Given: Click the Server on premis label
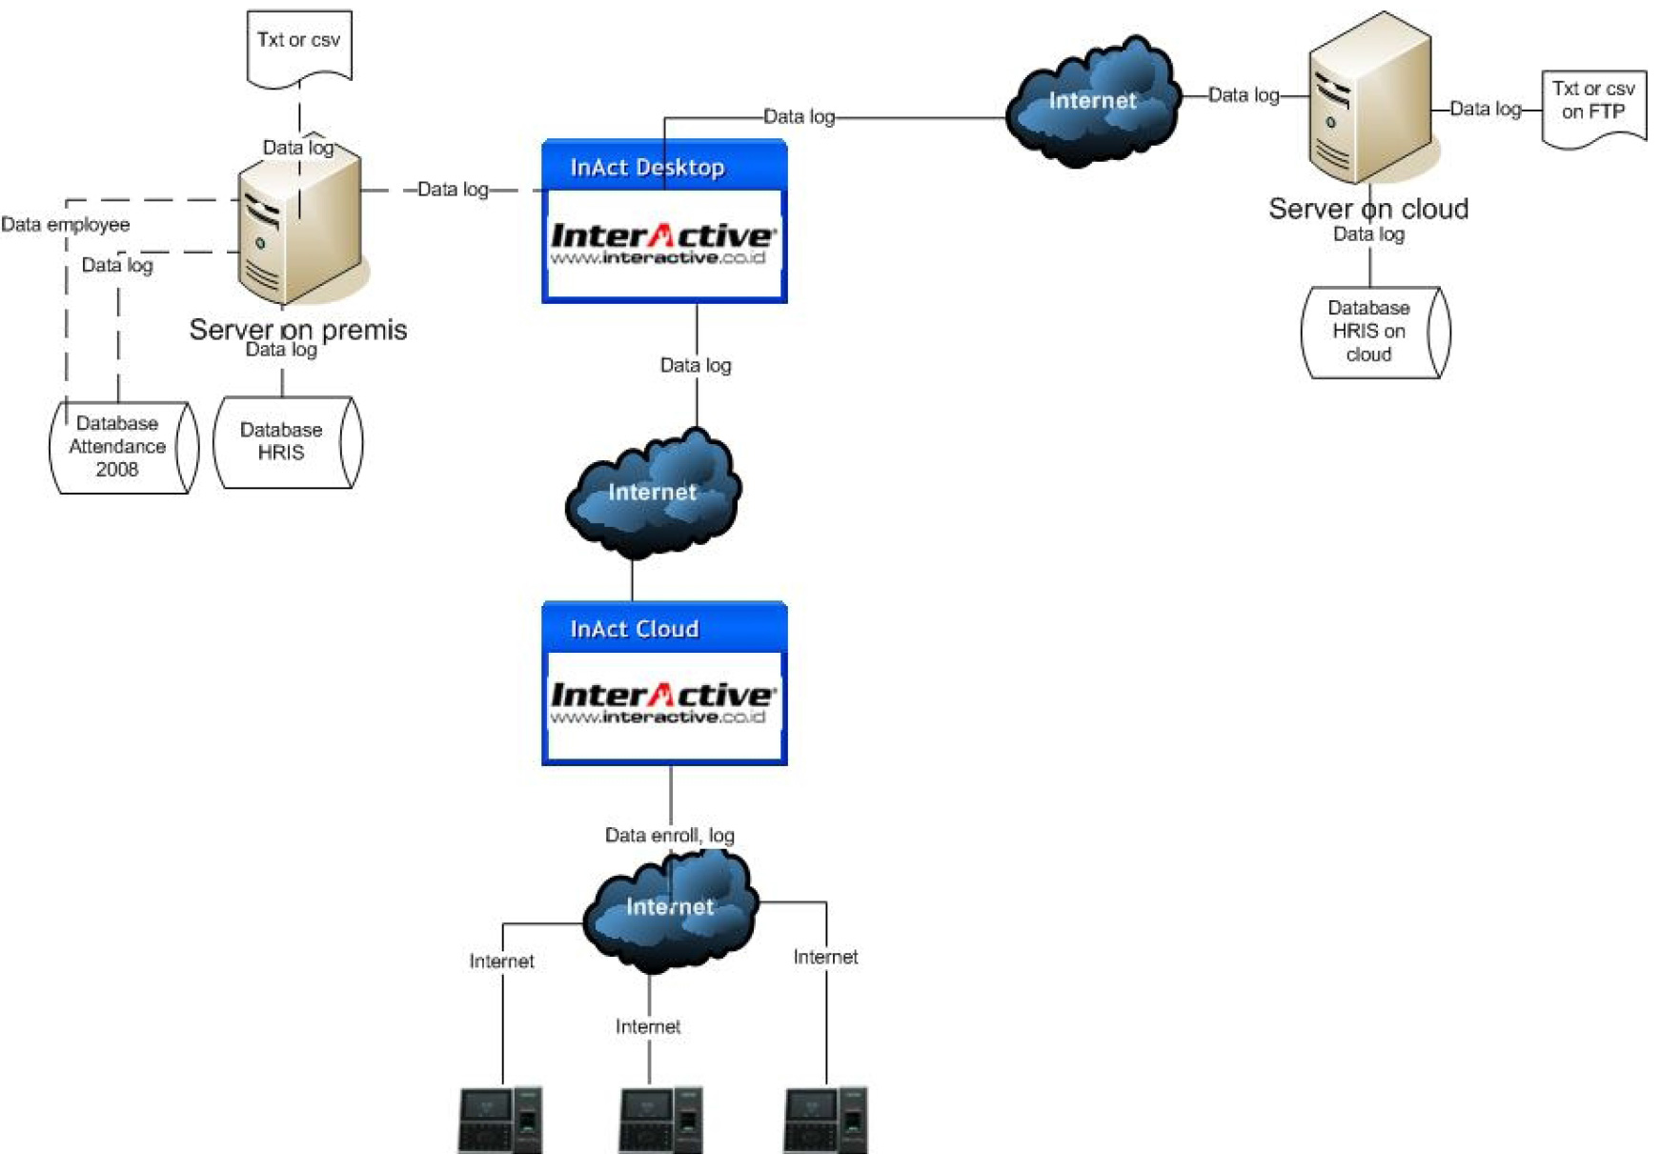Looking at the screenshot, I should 297,330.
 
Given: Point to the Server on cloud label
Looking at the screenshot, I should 1367,209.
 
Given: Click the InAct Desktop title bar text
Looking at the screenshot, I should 647,168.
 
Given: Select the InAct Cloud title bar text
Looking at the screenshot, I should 634,629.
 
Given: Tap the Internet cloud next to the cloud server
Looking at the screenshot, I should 1092,101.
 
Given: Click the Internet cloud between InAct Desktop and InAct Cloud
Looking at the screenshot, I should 653,493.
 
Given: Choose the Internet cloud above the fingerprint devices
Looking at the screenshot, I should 669,907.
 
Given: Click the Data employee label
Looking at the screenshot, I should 65,225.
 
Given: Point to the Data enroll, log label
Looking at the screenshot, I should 669,836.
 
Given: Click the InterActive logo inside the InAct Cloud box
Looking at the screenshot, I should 663,703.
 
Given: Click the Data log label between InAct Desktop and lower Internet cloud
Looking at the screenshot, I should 696,365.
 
